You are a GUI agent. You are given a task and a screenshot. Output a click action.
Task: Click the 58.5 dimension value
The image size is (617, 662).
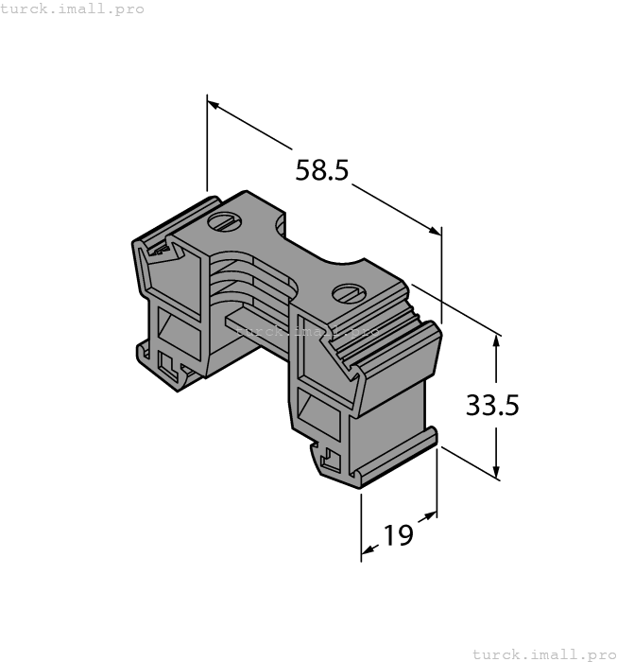(x=322, y=171)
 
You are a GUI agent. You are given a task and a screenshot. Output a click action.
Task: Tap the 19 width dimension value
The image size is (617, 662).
(x=399, y=535)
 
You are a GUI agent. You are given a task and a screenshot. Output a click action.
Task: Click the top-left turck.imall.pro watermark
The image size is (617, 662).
(x=73, y=9)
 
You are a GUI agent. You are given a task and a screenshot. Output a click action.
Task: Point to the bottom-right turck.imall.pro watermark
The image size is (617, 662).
(x=542, y=653)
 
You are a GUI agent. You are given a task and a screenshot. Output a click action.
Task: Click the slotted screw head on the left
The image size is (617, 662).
(x=223, y=223)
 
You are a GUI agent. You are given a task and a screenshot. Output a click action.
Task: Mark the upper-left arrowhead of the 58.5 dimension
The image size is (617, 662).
(x=213, y=103)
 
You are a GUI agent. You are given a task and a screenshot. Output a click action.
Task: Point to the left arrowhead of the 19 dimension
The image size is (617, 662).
(x=368, y=549)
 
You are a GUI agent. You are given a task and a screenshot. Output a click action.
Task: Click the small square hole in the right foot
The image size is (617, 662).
(x=331, y=461)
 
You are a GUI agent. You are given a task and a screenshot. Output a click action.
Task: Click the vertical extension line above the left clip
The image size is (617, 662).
(x=207, y=142)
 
